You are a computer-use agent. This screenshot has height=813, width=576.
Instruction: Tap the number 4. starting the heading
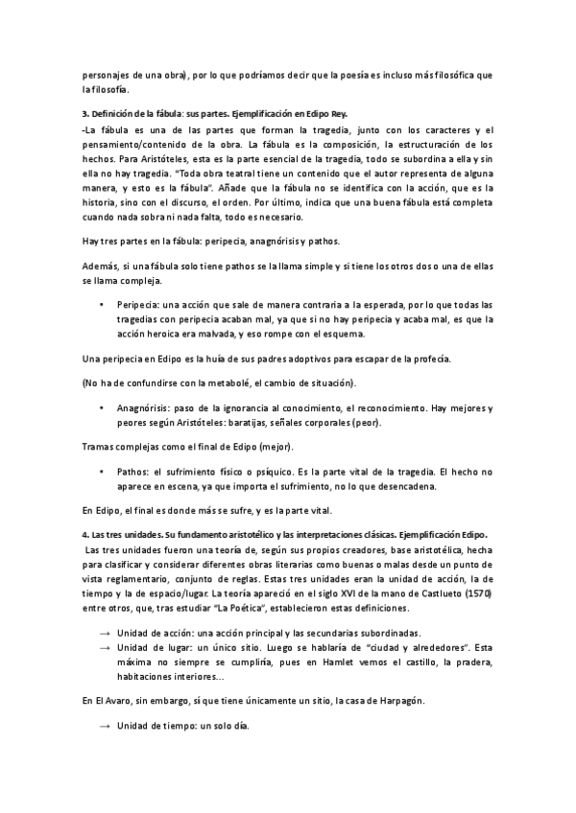[85, 534]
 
